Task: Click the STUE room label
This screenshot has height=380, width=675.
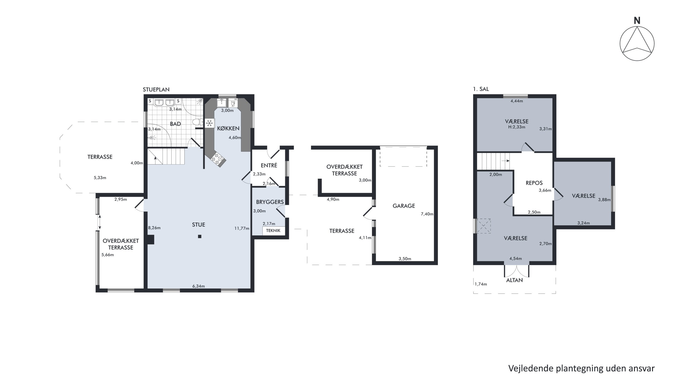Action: [198, 225]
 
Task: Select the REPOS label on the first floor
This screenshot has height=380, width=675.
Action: [534, 183]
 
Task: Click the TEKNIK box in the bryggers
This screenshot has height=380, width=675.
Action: [273, 230]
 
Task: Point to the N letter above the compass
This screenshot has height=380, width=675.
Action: [637, 20]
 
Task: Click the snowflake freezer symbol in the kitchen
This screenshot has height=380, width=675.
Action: [209, 123]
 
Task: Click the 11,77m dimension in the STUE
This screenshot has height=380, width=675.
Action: [242, 228]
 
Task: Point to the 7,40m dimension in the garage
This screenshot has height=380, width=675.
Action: [427, 214]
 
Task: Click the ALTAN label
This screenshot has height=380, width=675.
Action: [514, 280]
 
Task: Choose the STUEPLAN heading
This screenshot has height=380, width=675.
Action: [156, 89]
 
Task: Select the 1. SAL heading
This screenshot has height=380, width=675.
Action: [481, 89]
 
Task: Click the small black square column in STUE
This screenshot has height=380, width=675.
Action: [200, 237]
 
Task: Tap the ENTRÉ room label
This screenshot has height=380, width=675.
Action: [269, 166]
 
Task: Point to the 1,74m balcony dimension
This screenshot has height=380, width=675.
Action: [481, 284]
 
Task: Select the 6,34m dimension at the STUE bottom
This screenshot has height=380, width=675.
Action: [198, 286]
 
